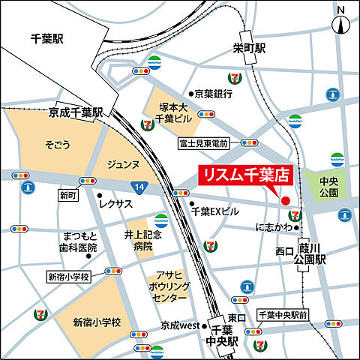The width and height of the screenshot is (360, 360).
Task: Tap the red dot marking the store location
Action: (x=285, y=199)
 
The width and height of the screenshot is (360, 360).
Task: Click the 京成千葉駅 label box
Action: (x=76, y=112)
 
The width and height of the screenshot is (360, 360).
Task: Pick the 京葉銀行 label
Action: (x=213, y=94)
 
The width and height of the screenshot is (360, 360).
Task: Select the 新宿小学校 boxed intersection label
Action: (x=68, y=275)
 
